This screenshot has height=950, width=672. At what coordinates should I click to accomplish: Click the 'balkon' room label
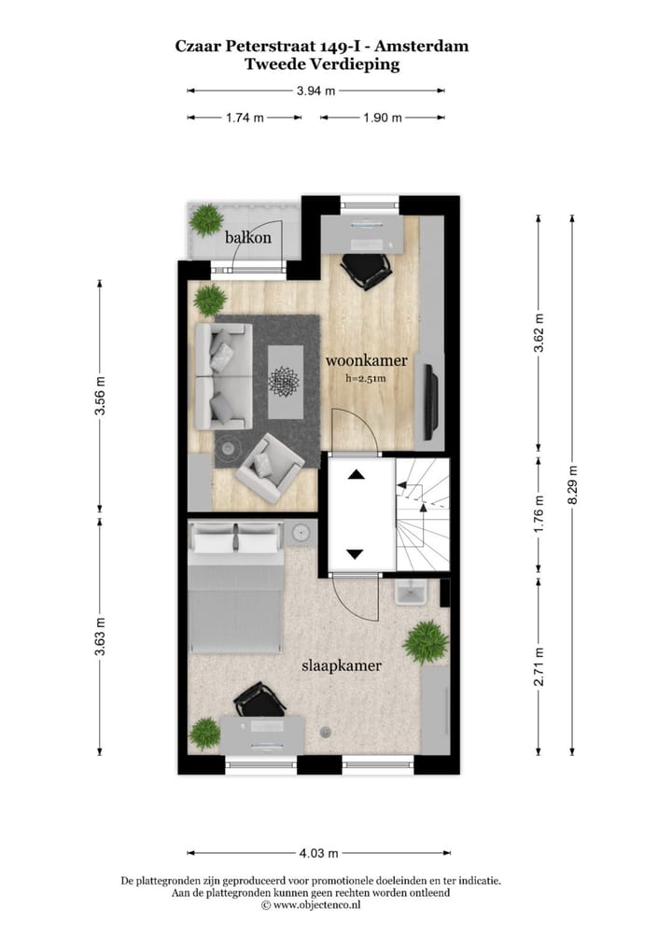click(x=248, y=238)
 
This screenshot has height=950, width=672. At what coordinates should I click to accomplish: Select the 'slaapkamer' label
click(x=342, y=666)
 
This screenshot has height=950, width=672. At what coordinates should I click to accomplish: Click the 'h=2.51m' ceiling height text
click(x=365, y=379)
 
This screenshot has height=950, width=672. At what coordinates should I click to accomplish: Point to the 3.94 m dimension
click(x=315, y=91)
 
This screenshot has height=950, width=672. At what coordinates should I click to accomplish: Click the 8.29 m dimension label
click(x=572, y=485)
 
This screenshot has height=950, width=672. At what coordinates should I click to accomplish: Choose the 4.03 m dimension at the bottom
click(x=318, y=853)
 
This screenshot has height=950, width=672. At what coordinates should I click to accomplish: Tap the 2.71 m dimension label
click(x=539, y=666)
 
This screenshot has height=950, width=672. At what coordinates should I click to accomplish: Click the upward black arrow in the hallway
click(x=356, y=474)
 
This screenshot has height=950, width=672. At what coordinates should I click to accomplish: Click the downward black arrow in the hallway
click(x=355, y=554)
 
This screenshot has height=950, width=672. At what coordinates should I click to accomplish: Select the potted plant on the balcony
click(x=205, y=221)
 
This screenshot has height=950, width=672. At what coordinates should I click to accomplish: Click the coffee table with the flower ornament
click(x=286, y=381)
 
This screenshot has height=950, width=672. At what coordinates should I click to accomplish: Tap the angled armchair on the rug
click(x=269, y=466)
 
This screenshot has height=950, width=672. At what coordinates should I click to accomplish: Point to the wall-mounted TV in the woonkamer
click(x=429, y=401)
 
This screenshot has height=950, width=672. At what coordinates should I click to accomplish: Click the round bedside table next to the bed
click(x=301, y=534)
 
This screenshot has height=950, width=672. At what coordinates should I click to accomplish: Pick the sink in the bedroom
click(x=410, y=592)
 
